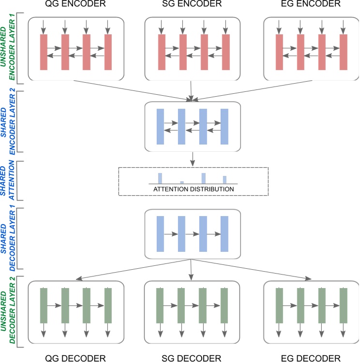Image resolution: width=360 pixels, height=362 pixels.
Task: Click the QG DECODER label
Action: click(x=75, y=357)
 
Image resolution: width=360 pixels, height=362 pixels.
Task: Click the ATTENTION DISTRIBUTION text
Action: click(x=194, y=188)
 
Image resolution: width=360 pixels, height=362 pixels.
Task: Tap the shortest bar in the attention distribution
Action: click(x=182, y=182)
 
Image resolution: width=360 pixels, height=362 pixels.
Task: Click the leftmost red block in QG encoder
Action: click(x=44, y=52)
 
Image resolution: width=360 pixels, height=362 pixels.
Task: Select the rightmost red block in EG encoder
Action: click(x=344, y=52)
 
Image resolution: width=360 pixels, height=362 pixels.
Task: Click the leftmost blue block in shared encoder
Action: click(x=161, y=127)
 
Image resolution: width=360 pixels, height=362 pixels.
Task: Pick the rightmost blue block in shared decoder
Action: click(x=225, y=234)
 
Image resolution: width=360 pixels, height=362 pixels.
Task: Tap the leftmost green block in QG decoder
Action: click(x=44, y=305)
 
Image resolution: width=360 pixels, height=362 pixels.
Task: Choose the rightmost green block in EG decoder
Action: click(x=344, y=305)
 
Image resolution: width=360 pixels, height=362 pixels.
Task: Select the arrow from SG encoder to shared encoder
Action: click(x=192, y=90)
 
